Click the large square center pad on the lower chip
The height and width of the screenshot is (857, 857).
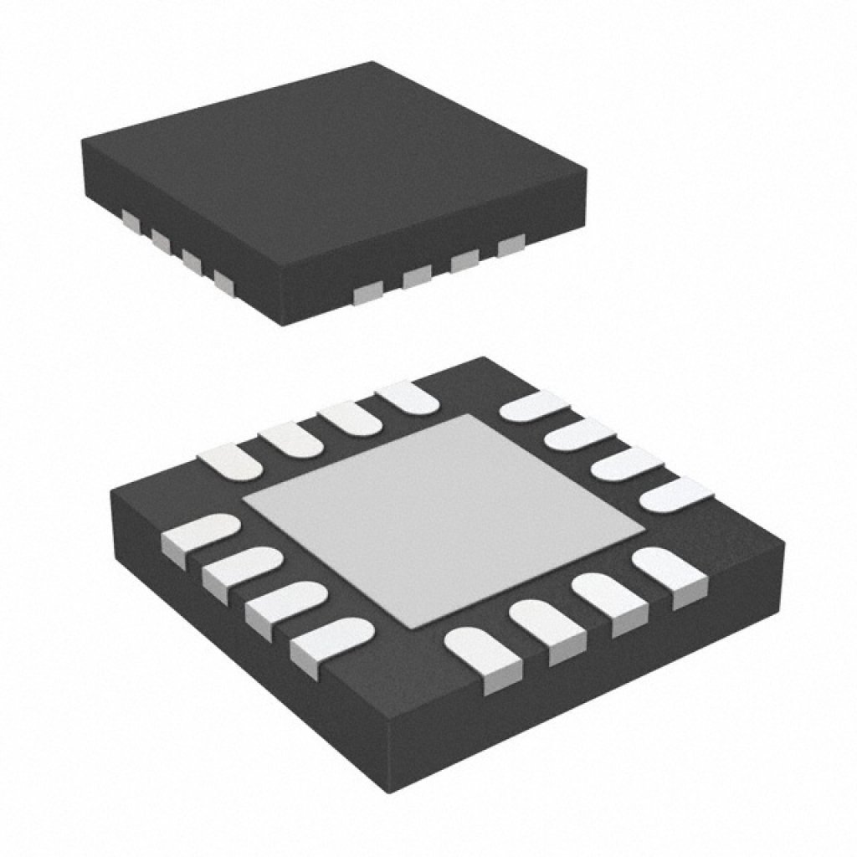[x=444, y=519]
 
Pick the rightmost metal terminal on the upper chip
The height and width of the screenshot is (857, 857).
[x=511, y=245]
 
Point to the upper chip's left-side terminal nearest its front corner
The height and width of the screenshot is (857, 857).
[x=224, y=281]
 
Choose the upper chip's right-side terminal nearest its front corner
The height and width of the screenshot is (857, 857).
[x=367, y=291]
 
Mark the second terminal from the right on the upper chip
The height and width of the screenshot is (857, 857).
[x=464, y=261]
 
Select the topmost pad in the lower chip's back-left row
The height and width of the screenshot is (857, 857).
[x=408, y=396]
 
